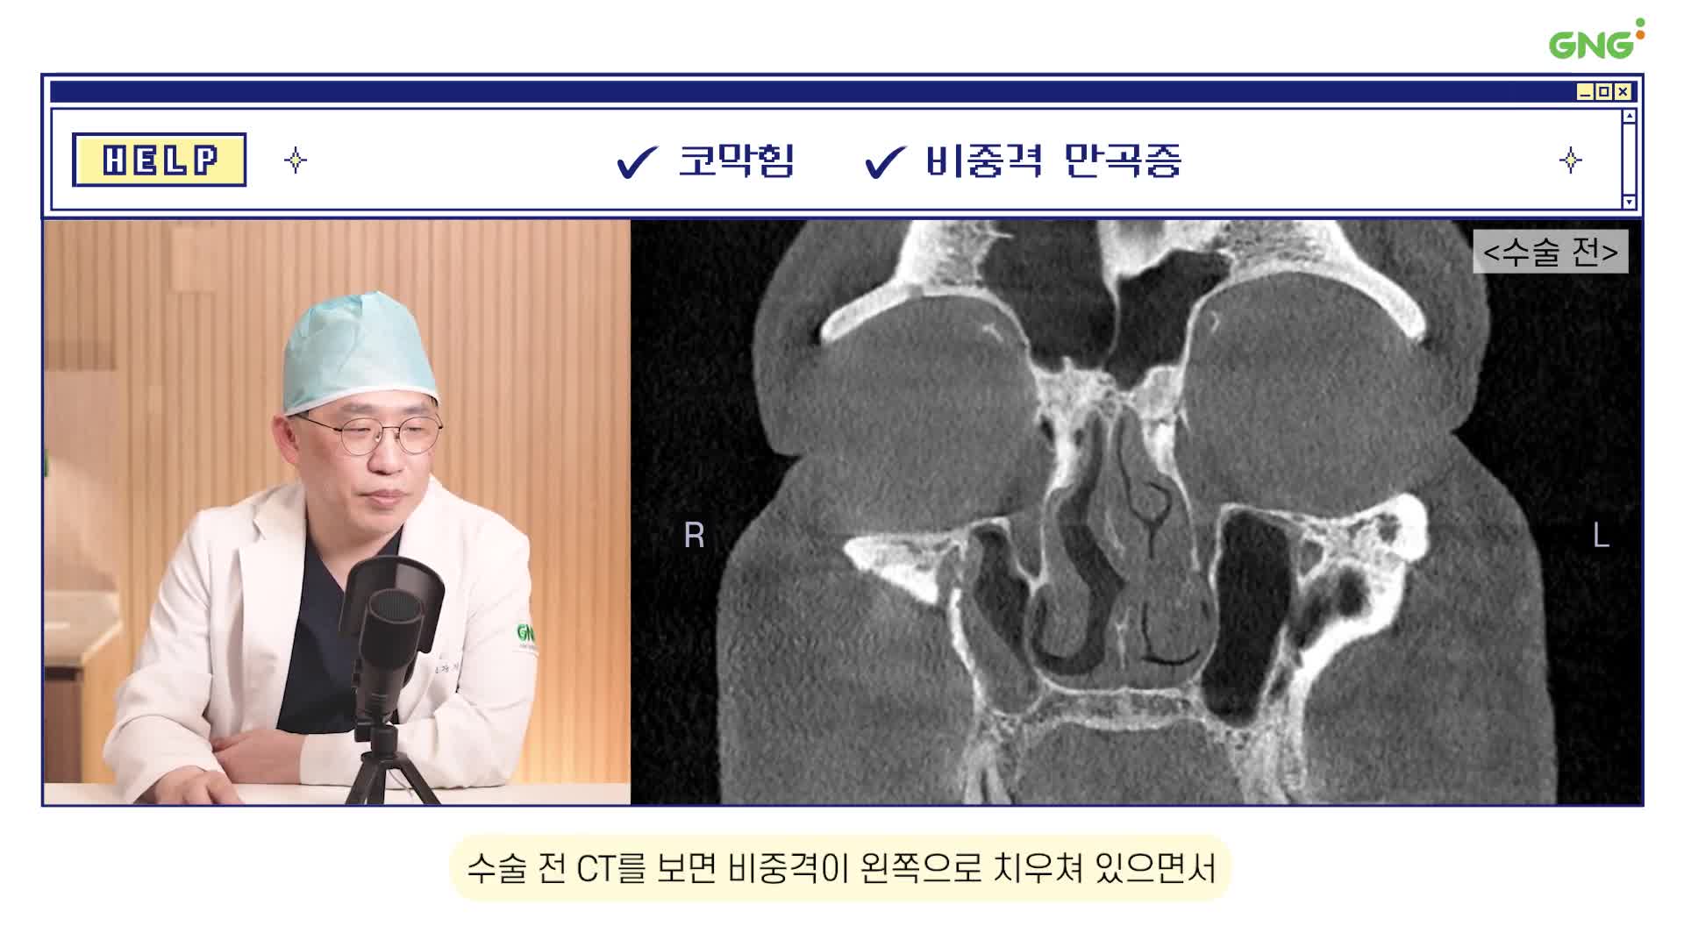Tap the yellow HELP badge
pyautogui.click(x=159, y=160)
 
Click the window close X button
pyautogui.click(x=1623, y=92)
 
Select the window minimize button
pyautogui.click(x=1585, y=92)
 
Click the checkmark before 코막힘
pyautogui.click(x=637, y=161)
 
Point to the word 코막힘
pyautogui.click(x=737, y=160)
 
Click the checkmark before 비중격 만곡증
pyautogui.click(x=885, y=161)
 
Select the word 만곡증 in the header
pyautogui.click(x=1123, y=160)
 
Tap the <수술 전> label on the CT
pyautogui.click(x=1551, y=252)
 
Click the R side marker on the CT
pyautogui.click(x=694, y=535)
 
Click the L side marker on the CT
pyautogui.click(x=1601, y=535)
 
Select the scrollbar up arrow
pyautogui.click(x=1629, y=117)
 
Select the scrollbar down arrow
pyautogui.click(x=1629, y=202)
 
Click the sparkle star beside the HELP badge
pyautogui.click(x=296, y=160)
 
